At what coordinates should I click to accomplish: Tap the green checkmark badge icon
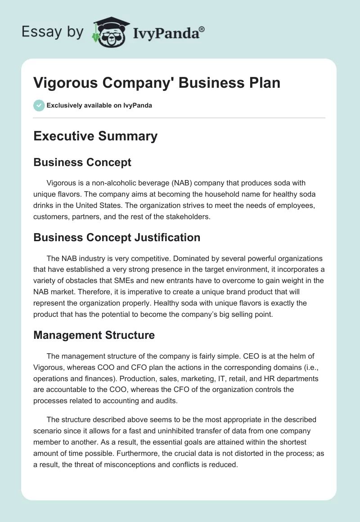pyautogui.click(x=39, y=105)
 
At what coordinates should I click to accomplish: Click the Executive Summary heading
pyautogui.click(x=95, y=136)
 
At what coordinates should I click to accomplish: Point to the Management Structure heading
pyautogui.click(x=94, y=335)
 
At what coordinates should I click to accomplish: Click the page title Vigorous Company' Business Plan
pyautogui.click(x=157, y=82)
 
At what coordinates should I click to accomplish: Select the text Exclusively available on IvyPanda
pyautogui.click(x=99, y=105)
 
